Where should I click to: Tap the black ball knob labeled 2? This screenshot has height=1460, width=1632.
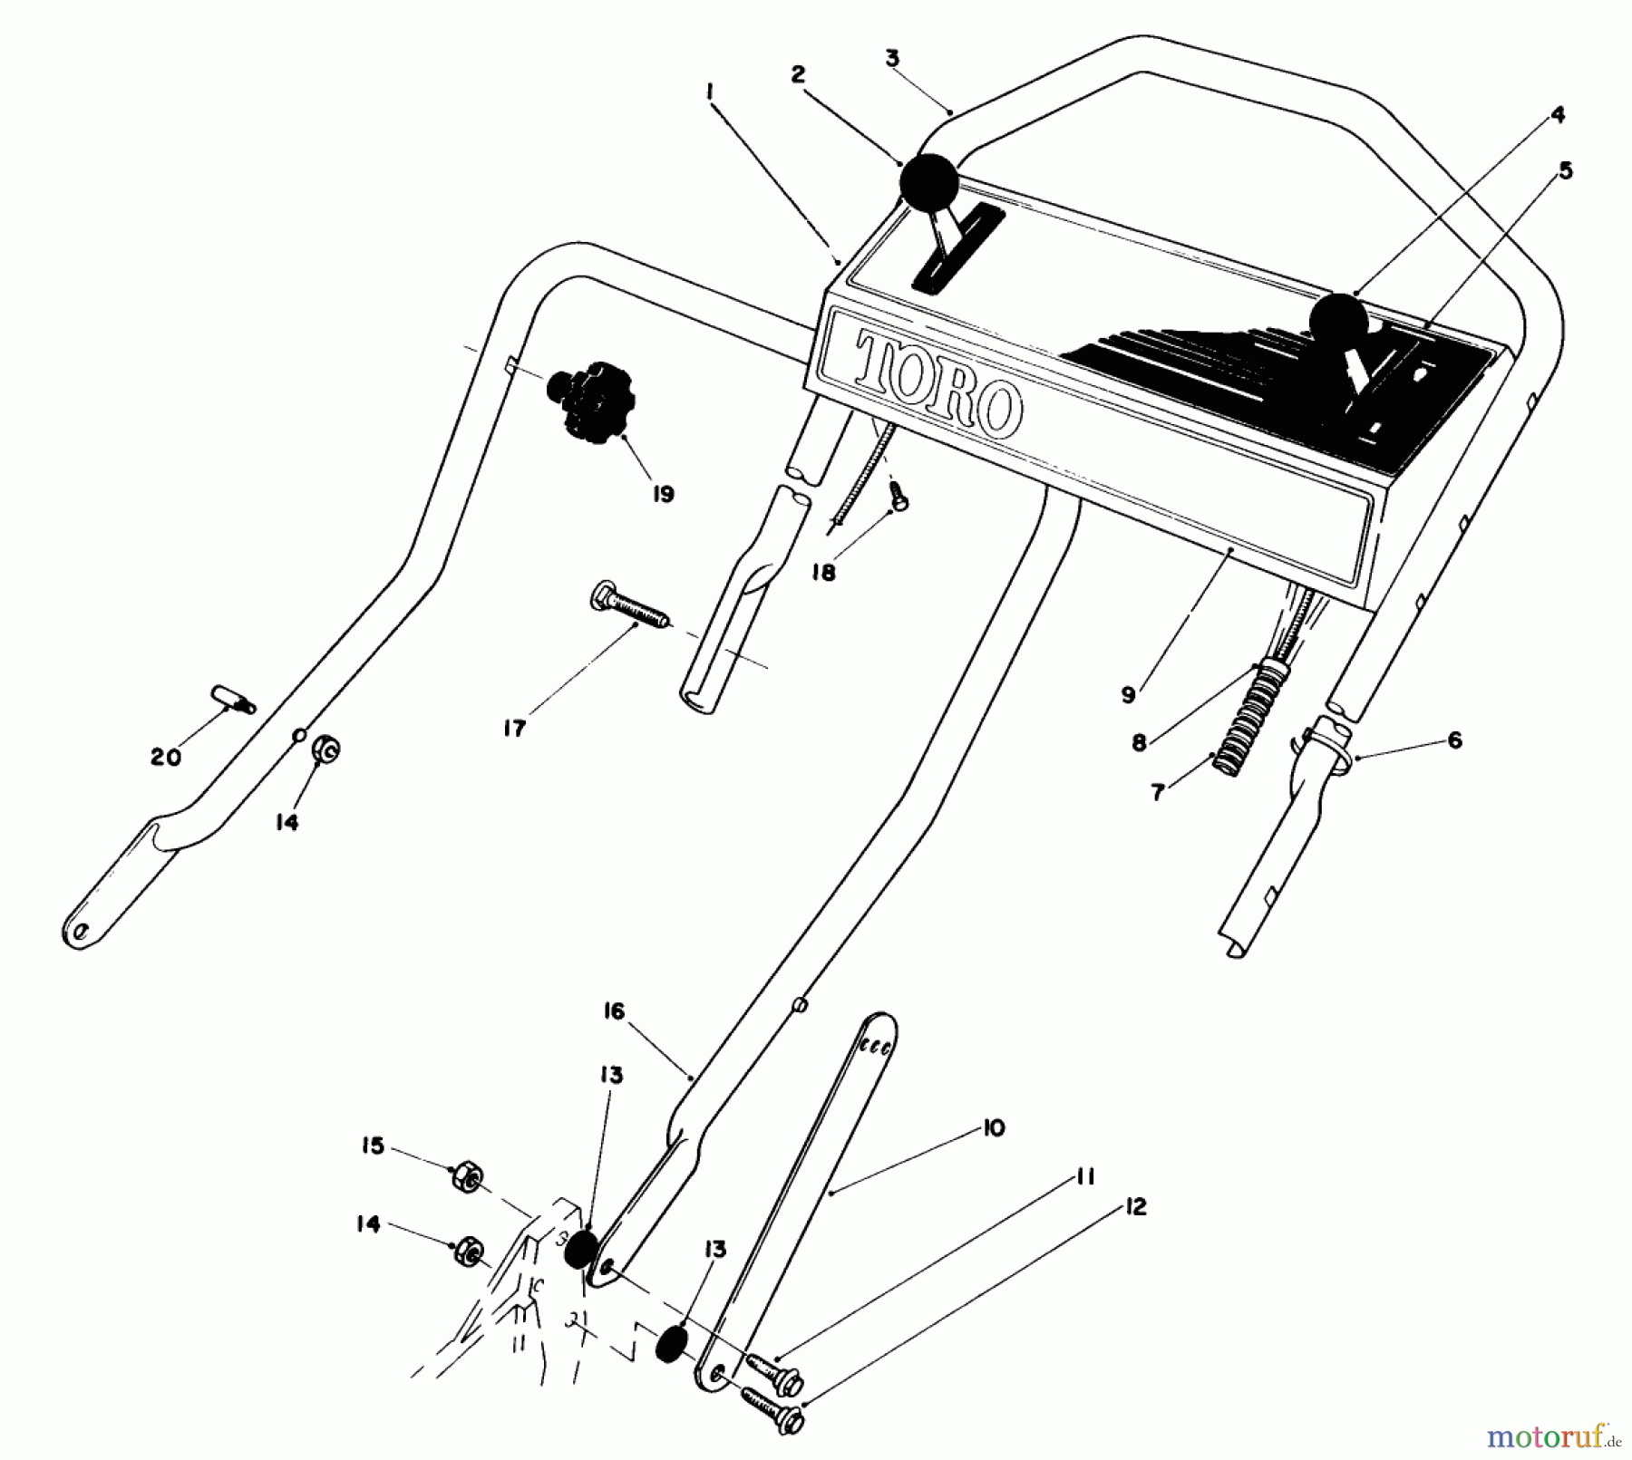(x=928, y=182)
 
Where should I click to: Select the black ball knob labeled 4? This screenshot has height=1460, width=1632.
(x=1337, y=321)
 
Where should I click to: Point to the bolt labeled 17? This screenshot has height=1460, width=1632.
(x=629, y=604)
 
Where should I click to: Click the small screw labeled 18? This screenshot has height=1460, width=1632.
(x=899, y=495)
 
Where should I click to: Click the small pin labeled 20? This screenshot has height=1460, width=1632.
(x=234, y=700)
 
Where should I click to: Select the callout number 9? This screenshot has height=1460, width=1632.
(x=1128, y=695)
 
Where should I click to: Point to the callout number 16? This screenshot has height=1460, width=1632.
(x=614, y=1011)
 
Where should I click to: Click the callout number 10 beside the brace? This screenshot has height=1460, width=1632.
(x=994, y=1129)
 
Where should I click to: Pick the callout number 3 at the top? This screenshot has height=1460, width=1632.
(x=892, y=58)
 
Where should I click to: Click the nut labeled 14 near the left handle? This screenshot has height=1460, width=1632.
(x=325, y=751)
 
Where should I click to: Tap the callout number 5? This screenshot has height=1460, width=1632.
(x=1565, y=170)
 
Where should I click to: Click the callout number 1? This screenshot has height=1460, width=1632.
(x=710, y=92)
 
